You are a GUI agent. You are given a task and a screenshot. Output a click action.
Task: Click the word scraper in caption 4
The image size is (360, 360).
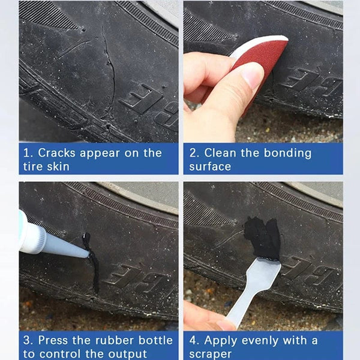(210, 353)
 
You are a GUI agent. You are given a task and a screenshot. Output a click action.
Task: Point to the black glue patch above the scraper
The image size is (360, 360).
(263, 237)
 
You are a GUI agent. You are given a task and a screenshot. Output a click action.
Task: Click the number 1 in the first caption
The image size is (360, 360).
(26, 153)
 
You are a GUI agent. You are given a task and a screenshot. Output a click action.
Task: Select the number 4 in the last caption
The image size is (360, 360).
(193, 340)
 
